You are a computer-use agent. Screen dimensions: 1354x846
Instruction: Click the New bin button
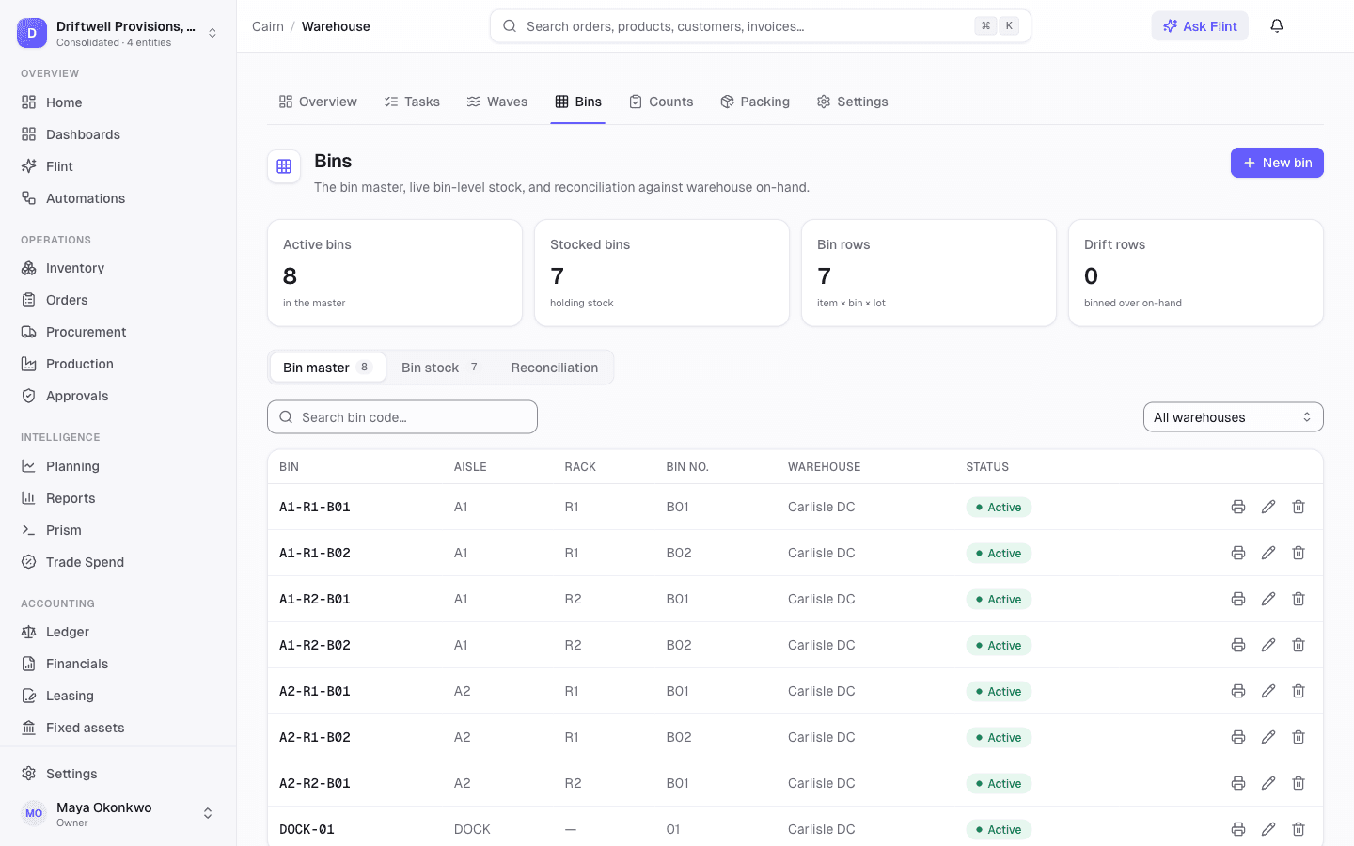coord(1277,163)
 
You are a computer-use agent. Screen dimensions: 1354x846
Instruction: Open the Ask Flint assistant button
coord(1199,26)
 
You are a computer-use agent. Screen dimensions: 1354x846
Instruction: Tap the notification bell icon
coord(1277,26)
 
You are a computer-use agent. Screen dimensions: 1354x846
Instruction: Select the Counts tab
coord(661,102)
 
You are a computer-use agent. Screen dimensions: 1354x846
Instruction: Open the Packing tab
coord(754,102)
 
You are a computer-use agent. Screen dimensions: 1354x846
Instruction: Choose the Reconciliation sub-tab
coord(555,368)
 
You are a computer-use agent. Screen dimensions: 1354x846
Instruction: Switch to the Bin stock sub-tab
coord(440,368)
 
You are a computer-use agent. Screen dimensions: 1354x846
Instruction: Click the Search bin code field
coord(402,417)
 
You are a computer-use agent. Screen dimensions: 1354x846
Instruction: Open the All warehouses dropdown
coord(1233,417)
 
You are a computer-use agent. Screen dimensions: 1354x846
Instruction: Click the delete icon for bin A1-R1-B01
coord(1299,507)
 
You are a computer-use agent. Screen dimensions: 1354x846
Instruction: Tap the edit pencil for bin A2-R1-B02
coord(1268,737)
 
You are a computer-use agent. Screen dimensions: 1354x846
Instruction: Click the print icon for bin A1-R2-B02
coord(1238,645)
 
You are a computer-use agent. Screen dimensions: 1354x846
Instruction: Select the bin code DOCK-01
coord(307,829)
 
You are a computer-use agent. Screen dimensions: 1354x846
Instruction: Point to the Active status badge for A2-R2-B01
coord(999,783)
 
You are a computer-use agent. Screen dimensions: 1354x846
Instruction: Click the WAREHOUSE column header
coord(824,466)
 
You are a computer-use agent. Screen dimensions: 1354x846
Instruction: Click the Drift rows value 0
coord(1091,276)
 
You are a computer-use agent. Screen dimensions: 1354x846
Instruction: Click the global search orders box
coord(760,26)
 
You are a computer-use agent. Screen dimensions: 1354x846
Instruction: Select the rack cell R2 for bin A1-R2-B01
coord(573,599)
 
